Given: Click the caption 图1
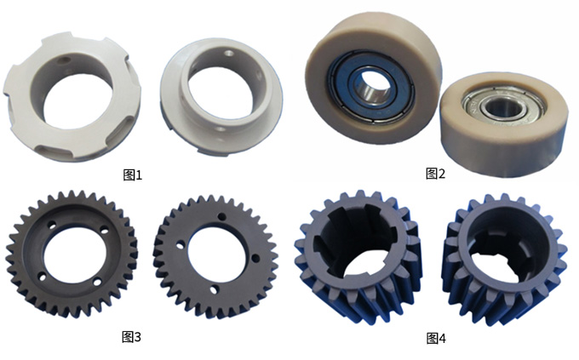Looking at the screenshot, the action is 132,174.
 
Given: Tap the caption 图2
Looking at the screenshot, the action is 436,173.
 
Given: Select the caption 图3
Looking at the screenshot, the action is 131,336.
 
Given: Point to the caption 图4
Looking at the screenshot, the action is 436,338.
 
